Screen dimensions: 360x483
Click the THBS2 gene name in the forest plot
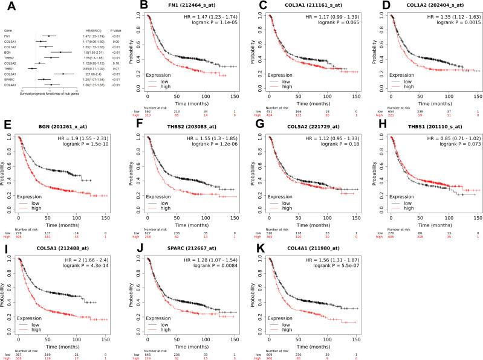click(10, 57)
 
